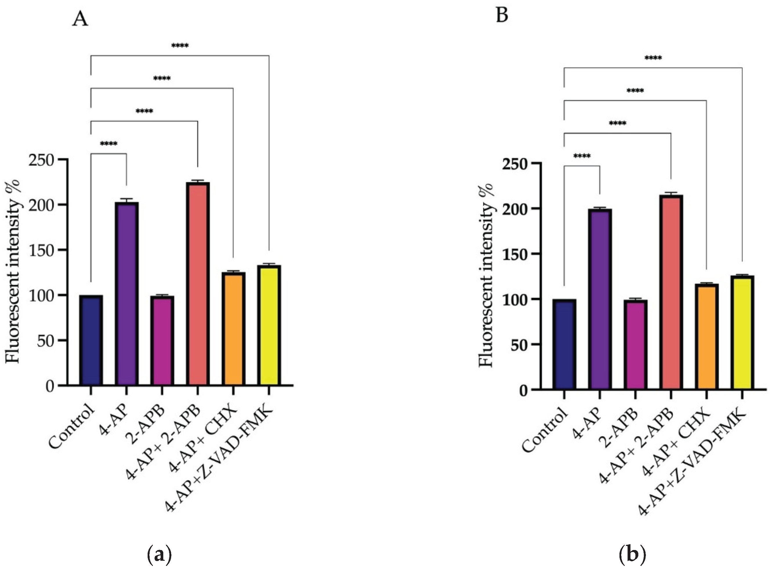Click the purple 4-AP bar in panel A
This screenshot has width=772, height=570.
tap(127, 293)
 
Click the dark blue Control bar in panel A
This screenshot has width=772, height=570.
tap(91, 340)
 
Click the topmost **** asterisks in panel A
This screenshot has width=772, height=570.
tap(180, 46)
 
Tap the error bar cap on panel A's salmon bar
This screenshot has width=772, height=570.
tap(198, 180)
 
